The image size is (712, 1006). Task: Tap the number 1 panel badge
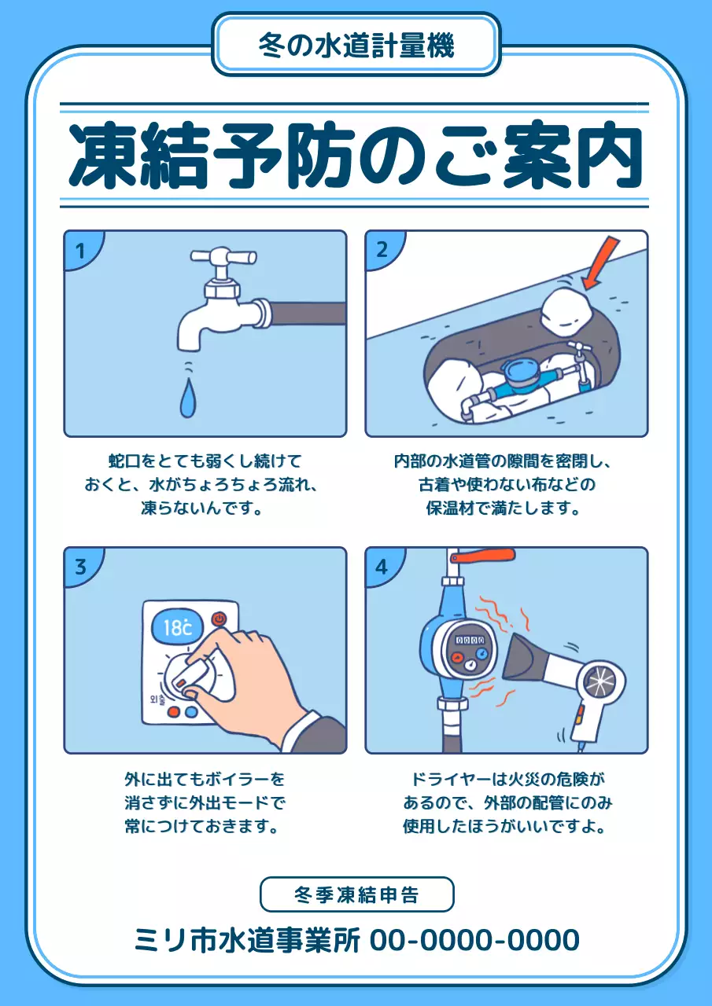tap(79, 251)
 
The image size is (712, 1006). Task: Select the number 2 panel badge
tap(382, 251)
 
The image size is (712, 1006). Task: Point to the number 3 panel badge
tap(79, 566)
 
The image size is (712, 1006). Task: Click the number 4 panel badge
tap(382, 566)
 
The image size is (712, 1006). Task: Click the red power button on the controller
tap(219, 618)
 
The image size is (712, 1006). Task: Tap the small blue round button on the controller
tap(190, 712)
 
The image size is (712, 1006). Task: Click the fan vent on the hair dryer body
tap(606, 679)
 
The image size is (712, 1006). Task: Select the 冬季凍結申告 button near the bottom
tap(356, 894)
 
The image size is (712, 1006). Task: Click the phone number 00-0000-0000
tap(474, 940)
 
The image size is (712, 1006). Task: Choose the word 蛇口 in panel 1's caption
tap(122, 460)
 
